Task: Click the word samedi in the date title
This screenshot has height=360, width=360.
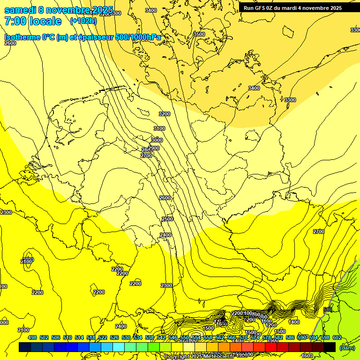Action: click(22, 10)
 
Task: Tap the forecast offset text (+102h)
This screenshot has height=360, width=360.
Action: click(83, 21)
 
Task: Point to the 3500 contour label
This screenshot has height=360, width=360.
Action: click(199, 34)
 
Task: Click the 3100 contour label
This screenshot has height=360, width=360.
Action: click(159, 128)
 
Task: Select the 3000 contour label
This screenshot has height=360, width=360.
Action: click(157, 140)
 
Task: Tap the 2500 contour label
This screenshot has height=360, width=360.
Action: click(167, 219)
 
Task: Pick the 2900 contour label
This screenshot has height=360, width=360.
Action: click(153, 148)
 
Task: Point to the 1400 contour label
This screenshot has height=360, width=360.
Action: click(294, 322)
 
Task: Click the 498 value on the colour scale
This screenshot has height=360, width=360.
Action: click(32, 337)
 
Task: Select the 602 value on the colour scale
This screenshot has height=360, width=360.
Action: click(337, 337)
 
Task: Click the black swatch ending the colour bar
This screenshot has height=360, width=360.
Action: click(330, 347)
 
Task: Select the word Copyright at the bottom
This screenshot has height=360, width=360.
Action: click(177, 357)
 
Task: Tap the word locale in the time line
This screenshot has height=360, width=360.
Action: click(45, 21)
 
